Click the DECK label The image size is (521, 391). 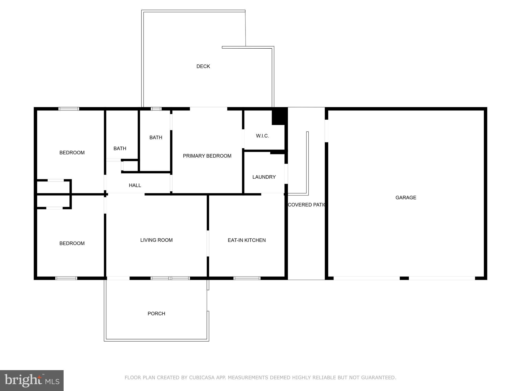click(203, 66)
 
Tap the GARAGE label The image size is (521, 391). click(406, 198)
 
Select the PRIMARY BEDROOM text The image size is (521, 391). click(207, 156)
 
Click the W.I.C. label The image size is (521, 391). click(262, 136)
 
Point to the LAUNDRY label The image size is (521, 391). click(264, 177)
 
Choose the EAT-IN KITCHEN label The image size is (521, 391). click(247, 240)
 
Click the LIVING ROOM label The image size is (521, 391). click(156, 240)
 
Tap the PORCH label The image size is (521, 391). click(156, 314)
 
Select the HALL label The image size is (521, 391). click(135, 185)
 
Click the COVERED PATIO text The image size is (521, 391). click(307, 205)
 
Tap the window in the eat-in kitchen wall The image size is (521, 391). click(247, 278)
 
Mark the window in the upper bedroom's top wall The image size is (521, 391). click(69, 109)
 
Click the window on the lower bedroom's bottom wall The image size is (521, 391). click(66, 278)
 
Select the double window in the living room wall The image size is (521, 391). click(170, 278)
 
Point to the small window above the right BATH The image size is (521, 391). click(156, 109)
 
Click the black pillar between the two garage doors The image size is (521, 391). click(404, 278)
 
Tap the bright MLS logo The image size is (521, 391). click(32, 381)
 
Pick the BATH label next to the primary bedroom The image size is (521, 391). click(156, 137)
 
